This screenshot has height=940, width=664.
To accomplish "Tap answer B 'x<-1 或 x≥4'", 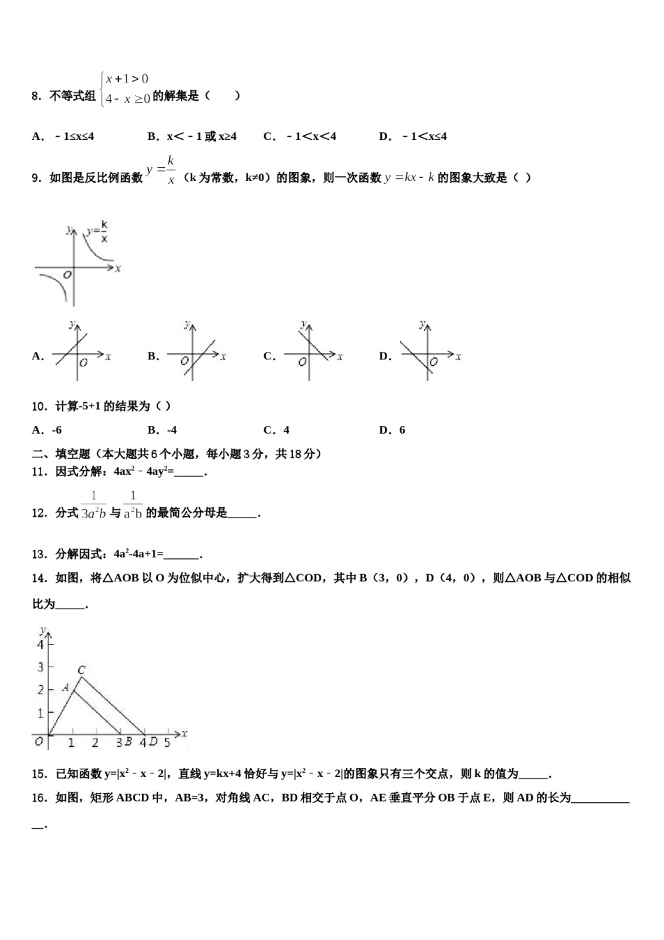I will pos(192,136).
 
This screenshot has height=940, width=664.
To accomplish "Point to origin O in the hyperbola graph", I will pos(67,275).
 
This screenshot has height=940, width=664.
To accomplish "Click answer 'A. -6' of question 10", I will pos(47,430).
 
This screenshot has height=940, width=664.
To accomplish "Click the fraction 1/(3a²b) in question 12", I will pos(94,505).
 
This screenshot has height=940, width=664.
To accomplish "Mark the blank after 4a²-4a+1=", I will pos(182,555).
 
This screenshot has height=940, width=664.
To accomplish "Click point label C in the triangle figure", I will pos(81,670).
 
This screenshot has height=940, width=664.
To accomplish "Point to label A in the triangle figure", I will pos(66,688).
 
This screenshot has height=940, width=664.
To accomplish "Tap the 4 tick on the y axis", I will pos(41,643).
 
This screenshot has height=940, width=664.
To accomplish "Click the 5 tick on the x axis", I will pos(167,742).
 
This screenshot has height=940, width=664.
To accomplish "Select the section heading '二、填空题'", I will pos(62,454).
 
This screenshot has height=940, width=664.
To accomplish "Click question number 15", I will pos(38,774).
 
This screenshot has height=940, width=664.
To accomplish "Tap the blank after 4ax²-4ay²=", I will pos(189,472).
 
